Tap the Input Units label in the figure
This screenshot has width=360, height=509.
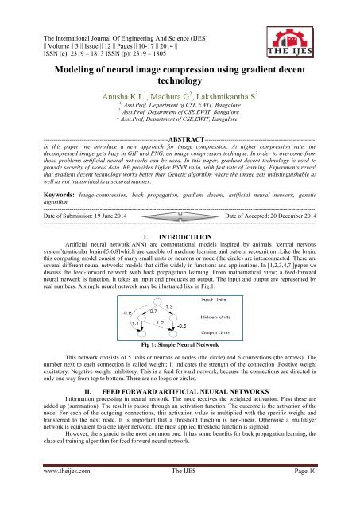[x=231, y=278]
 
